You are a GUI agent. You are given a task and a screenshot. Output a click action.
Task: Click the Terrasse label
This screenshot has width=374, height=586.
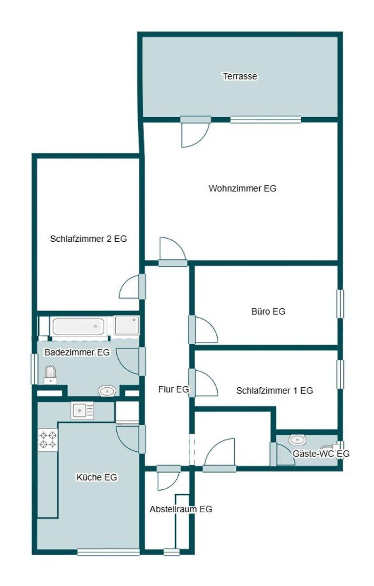(240, 76)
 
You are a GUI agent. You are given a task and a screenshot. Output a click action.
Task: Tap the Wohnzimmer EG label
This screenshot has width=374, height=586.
(243, 188)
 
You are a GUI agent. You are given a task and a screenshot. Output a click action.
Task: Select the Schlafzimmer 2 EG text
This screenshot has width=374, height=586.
(88, 239)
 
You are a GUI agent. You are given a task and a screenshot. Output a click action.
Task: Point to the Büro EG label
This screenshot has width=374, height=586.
(268, 312)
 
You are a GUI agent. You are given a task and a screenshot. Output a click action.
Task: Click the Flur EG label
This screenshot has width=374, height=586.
(173, 389)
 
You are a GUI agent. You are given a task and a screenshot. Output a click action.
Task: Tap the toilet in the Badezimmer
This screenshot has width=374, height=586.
(50, 375)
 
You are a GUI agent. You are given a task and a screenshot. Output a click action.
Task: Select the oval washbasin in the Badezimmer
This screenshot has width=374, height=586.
(107, 391)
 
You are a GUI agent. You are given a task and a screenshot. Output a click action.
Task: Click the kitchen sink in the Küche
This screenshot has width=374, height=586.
(82, 411)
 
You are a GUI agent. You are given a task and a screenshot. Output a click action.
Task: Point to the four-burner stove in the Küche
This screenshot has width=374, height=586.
(48, 439)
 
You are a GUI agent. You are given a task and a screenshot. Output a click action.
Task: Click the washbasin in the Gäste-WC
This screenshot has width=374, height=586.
(297, 440)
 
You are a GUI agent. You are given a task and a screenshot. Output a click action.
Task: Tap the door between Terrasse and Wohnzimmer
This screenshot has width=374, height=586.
(195, 131)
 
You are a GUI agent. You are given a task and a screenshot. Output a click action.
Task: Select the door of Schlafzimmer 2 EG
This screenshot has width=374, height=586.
(132, 287)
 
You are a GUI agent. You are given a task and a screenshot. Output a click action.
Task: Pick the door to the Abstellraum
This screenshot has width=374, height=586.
(168, 478)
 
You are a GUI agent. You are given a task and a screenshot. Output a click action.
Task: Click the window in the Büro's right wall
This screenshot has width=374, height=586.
(340, 304)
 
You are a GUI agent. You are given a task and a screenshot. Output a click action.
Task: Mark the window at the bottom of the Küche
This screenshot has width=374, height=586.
(108, 552)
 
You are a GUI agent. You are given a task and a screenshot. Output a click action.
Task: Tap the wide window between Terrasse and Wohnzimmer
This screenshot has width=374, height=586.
(266, 120)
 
